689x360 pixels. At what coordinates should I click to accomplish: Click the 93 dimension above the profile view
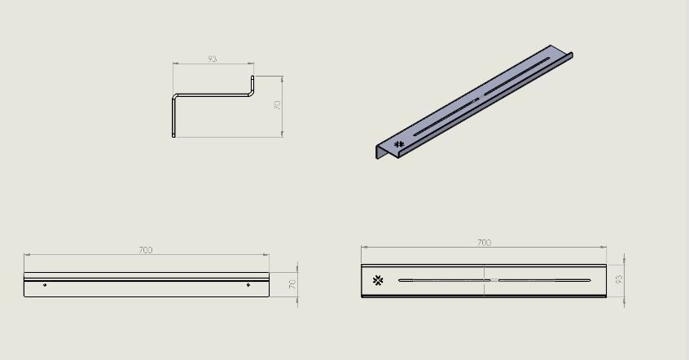(213, 59)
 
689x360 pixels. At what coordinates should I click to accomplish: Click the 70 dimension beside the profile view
(277, 106)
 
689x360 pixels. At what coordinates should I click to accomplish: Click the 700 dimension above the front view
(146, 250)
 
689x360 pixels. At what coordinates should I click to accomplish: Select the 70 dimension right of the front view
(292, 284)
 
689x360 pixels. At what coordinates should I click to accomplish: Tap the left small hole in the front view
(45, 285)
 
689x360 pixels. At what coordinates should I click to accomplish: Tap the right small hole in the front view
(248, 285)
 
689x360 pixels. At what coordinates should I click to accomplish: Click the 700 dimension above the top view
(484, 243)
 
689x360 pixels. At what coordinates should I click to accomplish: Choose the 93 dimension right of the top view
(619, 279)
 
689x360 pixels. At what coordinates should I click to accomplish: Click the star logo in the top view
(378, 281)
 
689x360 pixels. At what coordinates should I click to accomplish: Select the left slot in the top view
(444, 280)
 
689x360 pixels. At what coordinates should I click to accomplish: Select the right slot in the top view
(544, 280)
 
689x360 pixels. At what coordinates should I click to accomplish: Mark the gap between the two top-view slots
(494, 280)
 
